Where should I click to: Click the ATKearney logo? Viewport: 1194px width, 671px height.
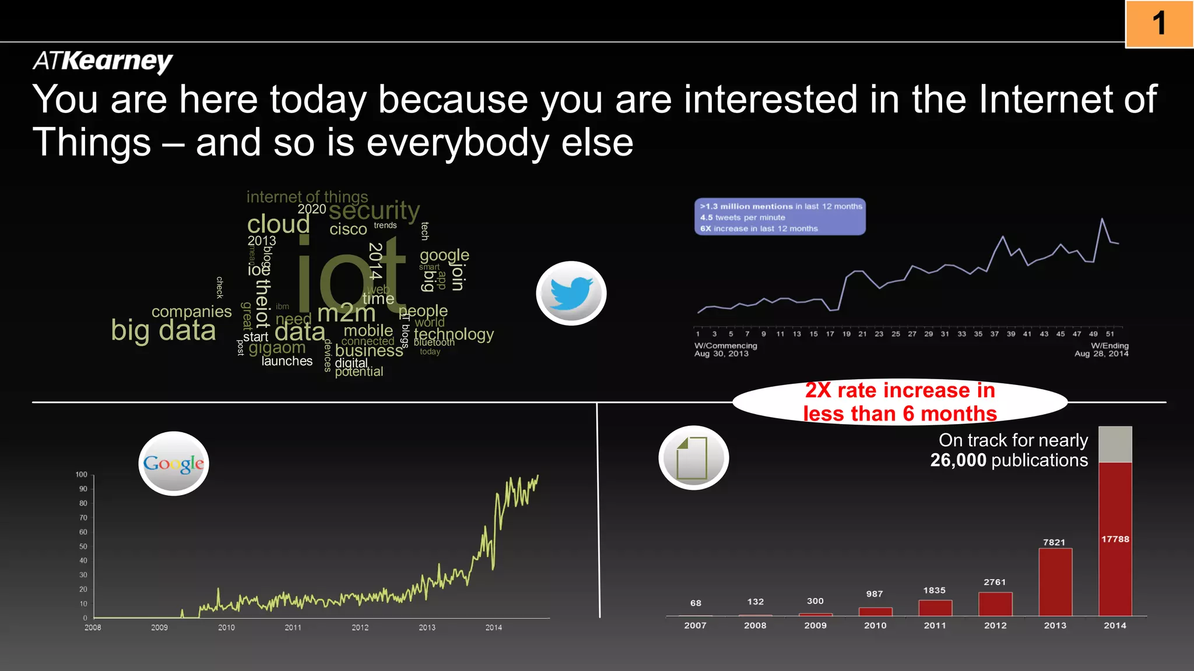click(103, 61)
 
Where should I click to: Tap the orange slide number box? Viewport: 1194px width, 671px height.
click(1159, 24)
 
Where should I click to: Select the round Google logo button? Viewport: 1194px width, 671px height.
click(174, 464)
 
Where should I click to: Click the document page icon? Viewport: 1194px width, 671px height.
click(693, 458)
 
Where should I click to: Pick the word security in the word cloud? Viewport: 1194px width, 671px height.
click(374, 211)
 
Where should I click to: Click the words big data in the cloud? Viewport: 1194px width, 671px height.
click(163, 331)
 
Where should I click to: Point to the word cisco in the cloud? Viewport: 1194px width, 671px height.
click(348, 229)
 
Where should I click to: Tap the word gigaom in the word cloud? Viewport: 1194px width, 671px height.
click(277, 348)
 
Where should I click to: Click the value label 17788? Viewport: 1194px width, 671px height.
click(1115, 539)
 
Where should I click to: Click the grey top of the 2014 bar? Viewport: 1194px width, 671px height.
click(1115, 444)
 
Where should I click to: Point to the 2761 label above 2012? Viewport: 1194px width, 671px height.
click(995, 582)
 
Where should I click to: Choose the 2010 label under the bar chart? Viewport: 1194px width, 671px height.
click(875, 626)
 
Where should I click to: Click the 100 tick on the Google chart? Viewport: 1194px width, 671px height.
click(82, 475)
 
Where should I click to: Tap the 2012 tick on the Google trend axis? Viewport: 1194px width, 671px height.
click(360, 627)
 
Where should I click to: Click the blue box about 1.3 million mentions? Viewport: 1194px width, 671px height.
click(779, 217)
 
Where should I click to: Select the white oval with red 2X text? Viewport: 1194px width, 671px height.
click(899, 402)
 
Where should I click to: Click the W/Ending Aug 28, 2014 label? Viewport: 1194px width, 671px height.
click(1102, 349)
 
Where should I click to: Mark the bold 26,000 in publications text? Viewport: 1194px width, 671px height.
click(958, 460)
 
